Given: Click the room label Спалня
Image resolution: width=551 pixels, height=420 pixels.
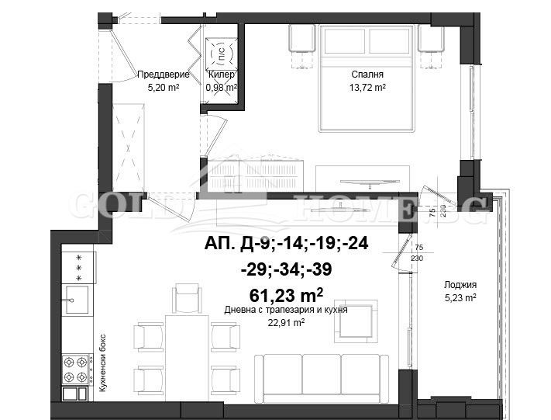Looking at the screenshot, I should pos(367,75).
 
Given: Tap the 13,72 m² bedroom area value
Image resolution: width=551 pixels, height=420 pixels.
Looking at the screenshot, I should pos(367,88).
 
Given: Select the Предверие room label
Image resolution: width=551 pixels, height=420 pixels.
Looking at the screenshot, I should pos(163,75).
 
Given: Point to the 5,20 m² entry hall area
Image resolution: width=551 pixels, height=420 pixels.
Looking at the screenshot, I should pos(163,88).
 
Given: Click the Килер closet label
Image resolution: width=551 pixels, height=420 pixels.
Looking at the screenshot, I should pos(220,75).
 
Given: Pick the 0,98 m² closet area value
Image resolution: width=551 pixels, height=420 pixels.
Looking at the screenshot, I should pos(220,88).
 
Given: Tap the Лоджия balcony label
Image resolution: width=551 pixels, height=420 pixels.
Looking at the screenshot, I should pos(460,284).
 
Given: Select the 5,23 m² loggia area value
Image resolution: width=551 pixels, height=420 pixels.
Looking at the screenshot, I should pos(460,297).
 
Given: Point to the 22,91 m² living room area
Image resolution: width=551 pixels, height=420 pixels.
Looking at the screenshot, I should pos(285,322).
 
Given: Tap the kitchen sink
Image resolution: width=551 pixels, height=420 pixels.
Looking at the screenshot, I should pos(76,299).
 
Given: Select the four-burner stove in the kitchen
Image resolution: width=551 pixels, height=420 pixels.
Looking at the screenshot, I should pos(77,363).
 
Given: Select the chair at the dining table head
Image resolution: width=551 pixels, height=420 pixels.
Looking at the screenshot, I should pos(187,298).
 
